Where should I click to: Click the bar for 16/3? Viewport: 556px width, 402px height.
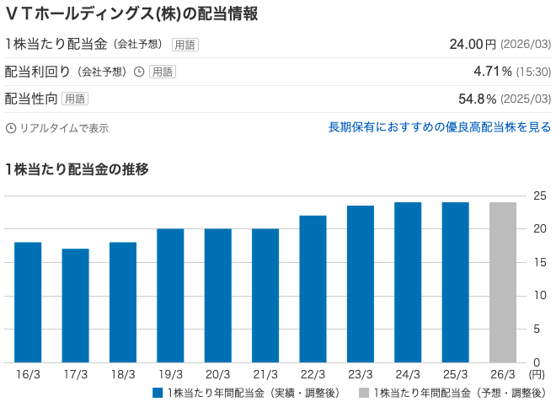point(28,303)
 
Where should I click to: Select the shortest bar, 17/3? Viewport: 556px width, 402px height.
point(75,306)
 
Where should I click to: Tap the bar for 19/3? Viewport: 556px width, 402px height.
point(170,296)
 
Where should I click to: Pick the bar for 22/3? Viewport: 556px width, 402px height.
point(313,289)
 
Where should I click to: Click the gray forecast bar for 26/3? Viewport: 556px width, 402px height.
point(503,282)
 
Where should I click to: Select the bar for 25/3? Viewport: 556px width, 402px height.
point(455,282)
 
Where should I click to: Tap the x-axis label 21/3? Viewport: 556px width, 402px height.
point(265,373)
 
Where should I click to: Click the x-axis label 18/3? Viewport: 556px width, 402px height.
point(122,373)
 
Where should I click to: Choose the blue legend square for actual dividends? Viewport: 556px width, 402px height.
point(158,393)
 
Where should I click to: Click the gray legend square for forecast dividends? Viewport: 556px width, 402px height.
point(364,393)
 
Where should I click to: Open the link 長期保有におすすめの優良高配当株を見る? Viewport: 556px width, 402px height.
point(439,127)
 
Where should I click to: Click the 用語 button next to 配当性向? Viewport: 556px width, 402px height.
point(75,99)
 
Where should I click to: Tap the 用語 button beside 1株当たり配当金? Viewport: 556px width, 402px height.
point(185,45)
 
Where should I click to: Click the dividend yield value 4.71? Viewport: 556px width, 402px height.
point(489,72)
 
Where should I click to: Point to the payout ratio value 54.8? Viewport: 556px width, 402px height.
point(477,99)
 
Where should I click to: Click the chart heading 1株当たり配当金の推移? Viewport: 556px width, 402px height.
point(77,169)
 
